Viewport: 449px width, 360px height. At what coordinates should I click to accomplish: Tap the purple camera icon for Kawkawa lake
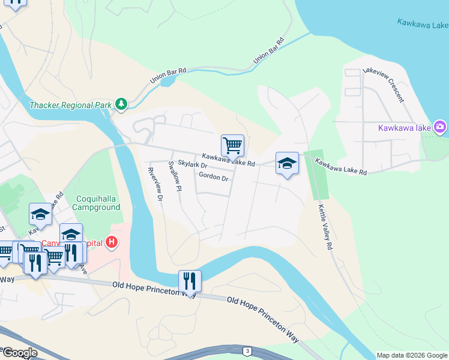(441, 127)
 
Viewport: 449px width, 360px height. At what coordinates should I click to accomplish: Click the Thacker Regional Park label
(70, 105)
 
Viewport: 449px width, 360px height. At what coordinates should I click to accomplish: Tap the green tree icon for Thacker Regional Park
(122, 104)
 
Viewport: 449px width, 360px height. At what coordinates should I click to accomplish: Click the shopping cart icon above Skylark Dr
(232, 145)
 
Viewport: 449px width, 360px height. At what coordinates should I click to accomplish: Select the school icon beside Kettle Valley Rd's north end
(287, 163)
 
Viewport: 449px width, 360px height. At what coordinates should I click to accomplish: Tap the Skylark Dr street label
(192, 165)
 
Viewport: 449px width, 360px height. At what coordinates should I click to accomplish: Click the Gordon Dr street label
(213, 178)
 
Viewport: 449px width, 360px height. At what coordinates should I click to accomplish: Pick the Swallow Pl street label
(175, 176)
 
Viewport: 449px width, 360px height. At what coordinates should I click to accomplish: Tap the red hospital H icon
(110, 242)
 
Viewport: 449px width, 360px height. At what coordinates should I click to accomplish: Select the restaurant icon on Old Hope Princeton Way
(190, 281)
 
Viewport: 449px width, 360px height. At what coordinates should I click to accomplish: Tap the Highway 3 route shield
(246, 350)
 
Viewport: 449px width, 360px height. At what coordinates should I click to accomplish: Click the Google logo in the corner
(20, 353)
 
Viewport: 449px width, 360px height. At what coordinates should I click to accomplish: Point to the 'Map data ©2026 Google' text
(412, 355)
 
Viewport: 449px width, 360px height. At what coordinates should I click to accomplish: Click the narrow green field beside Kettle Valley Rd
(318, 176)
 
